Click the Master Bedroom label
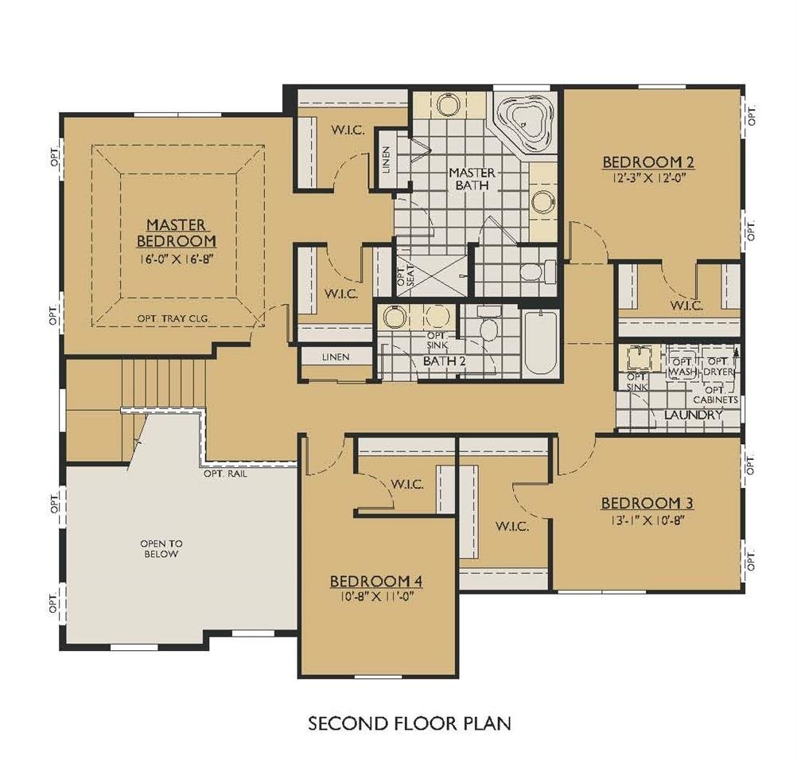176,232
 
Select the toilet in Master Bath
538,271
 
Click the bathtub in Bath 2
541,343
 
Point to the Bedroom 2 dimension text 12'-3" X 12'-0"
648,178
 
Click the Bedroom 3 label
647,503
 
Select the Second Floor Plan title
409,723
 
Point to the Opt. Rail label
226,474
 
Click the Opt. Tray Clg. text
173,319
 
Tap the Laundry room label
693,415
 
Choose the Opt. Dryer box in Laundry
718,366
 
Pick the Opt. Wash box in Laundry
682,366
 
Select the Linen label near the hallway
336,357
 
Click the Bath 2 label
445,361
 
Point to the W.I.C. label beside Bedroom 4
406,484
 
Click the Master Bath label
472,179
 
